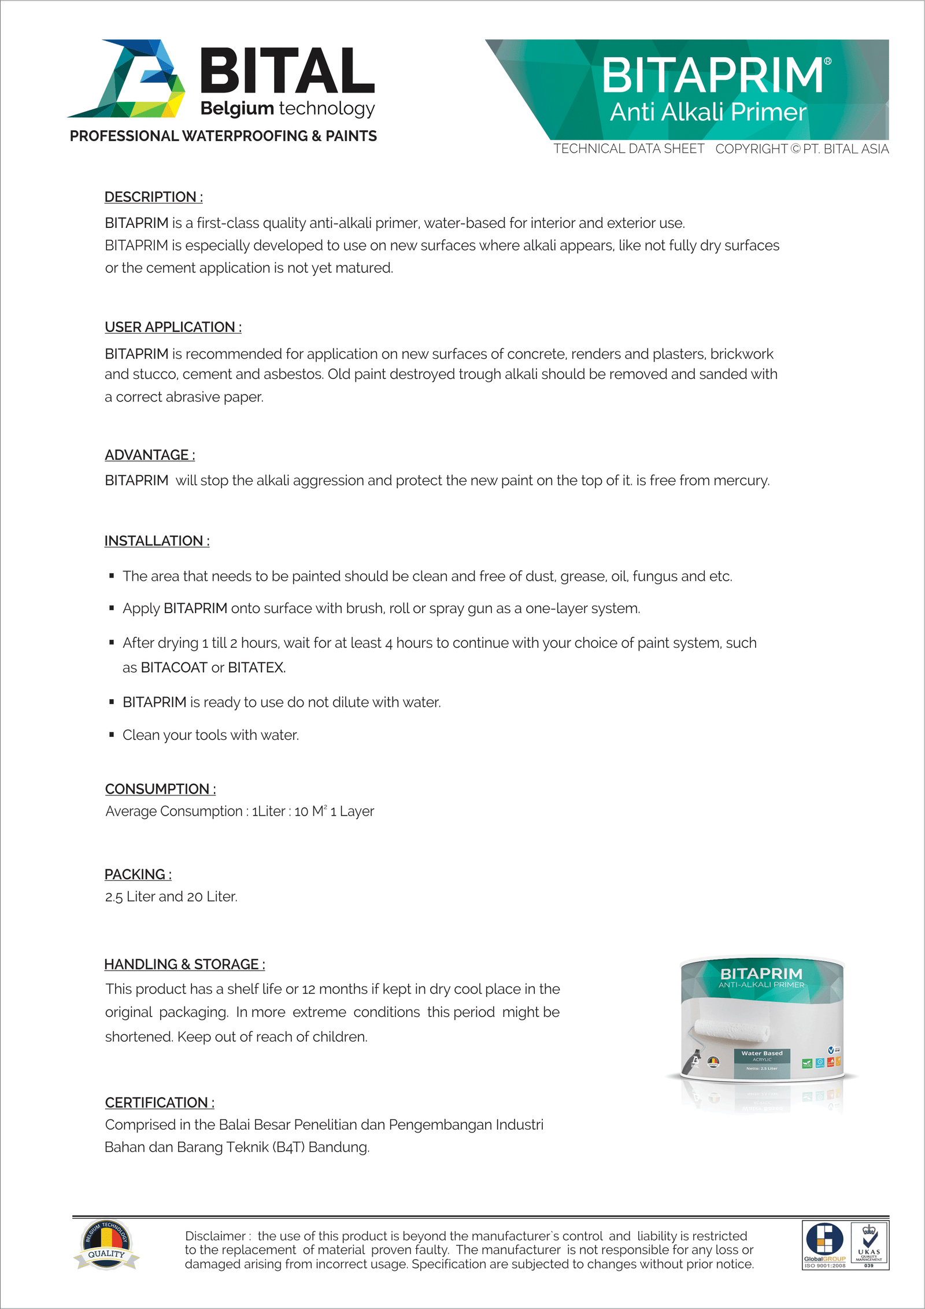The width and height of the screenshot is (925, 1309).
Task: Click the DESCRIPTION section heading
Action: tap(153, 197)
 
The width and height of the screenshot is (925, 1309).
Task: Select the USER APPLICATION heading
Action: tap(173, 327)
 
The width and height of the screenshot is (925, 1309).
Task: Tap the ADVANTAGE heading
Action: tap(150, 455)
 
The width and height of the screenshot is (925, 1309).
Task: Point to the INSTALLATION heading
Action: tap(157, 541)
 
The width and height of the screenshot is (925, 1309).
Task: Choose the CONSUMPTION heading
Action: tap(160, 789)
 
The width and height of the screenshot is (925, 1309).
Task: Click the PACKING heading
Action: tap(138, 874)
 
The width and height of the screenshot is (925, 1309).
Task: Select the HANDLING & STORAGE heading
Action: tap(184, 964)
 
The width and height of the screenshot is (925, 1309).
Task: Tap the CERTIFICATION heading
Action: tap(160, 1102)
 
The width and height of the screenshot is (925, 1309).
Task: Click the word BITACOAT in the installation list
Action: tap(174, 668)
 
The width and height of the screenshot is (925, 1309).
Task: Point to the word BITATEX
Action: tap(256, 668)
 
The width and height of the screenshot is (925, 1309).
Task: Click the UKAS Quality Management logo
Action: tap(869, 1245)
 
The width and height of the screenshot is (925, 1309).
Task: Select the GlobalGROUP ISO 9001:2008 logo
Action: tap(825, 1245)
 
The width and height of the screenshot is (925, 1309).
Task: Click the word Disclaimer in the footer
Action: tap(216, 1236)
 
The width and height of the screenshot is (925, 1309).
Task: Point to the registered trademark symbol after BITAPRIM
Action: tap(827, 61)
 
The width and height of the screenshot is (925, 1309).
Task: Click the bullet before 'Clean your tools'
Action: tap(112, 735)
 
